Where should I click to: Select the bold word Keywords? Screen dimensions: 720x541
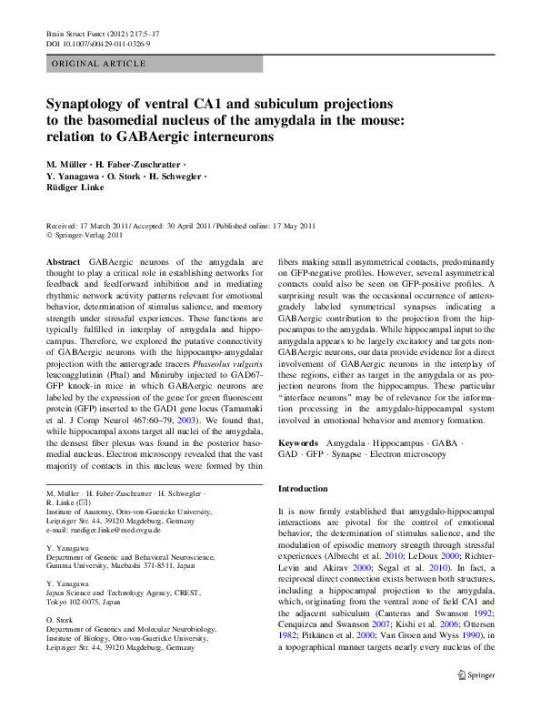pyautogui.click(x=298, y=441)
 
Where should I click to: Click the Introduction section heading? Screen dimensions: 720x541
pyautogui.click(x=306, y=489)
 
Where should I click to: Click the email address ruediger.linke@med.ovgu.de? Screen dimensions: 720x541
pyautogui.click(x=109, y=529)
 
